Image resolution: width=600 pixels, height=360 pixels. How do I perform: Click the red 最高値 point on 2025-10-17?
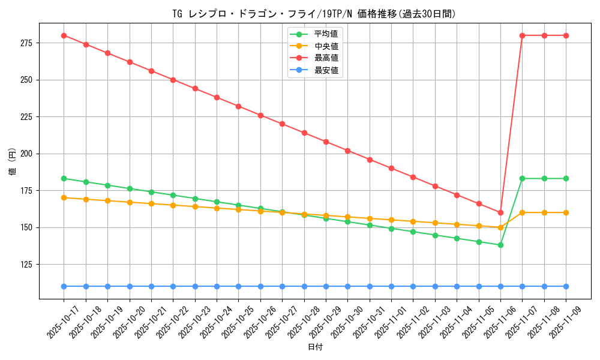coord(64,35)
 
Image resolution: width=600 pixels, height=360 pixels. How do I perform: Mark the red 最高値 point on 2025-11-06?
coord(500,212)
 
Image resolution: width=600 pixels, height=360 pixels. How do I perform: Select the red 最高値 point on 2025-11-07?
coord(522,35)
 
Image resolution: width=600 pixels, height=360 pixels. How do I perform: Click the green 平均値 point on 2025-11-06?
coord(500,245)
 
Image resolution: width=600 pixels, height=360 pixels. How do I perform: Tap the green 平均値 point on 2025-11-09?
coord(566,178)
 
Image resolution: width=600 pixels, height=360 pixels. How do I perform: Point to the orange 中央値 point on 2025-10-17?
coord(64,197)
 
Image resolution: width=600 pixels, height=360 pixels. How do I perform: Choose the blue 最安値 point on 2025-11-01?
coord(391,286)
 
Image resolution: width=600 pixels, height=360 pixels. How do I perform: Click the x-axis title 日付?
coord(315,347)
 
